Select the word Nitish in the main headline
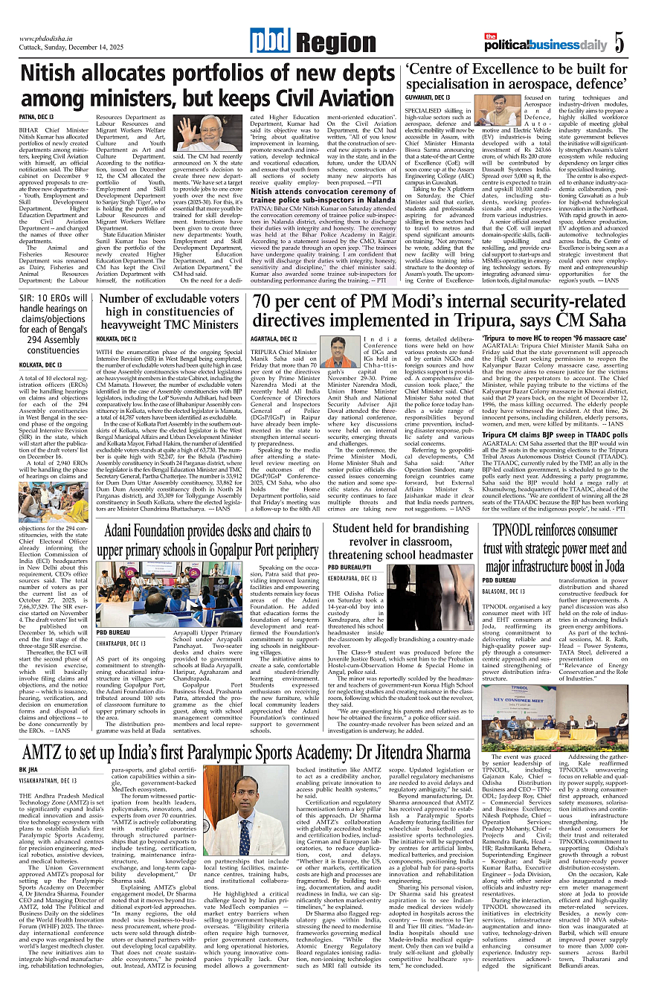(x=52, y=74)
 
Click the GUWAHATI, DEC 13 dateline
(x=428, y=97)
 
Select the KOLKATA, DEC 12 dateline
(x=117, y=338)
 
